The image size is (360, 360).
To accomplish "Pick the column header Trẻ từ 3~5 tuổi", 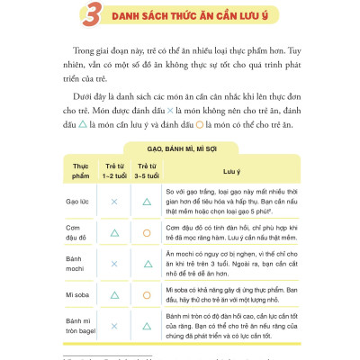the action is click(x=146, y=172).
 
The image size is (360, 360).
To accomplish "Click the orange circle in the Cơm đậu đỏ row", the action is click(x=146, y=234).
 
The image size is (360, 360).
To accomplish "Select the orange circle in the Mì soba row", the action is click(x=146, y=295).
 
